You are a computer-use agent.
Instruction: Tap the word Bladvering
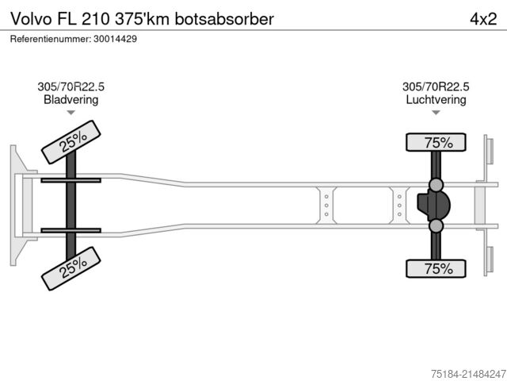[71, 100]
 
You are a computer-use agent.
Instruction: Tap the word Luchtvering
[436, 100]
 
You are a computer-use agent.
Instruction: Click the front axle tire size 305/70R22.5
[71, 87]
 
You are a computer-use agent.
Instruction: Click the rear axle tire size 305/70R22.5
[436, 87]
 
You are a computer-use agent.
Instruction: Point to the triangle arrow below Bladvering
[71, 114]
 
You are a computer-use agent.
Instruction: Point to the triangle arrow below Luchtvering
[436, 114]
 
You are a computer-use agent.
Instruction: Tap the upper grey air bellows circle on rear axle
[436, 185]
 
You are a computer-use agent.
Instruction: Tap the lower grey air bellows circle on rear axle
[436, 226]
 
